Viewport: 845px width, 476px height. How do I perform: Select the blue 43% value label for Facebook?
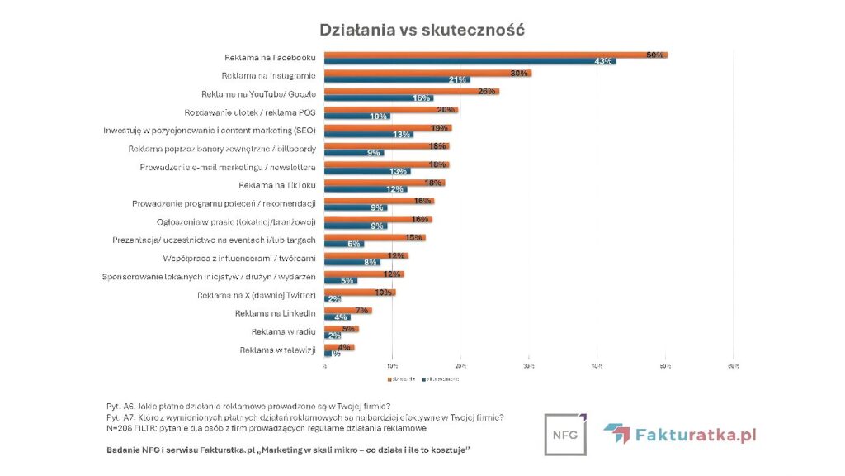(x=603, y=62)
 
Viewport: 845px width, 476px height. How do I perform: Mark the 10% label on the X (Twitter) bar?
(x=383, y=293)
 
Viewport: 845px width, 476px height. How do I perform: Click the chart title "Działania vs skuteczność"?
(x=422, y=30)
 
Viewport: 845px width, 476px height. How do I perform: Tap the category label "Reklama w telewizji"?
(x=277, y=350)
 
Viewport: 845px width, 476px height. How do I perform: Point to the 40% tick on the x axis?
(x=597, y=365)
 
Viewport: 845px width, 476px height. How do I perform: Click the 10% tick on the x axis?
(x=392, y=365)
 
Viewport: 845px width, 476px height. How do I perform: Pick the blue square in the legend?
(x=424, y=379)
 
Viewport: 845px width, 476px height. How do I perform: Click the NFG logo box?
(x=565, y=434)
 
